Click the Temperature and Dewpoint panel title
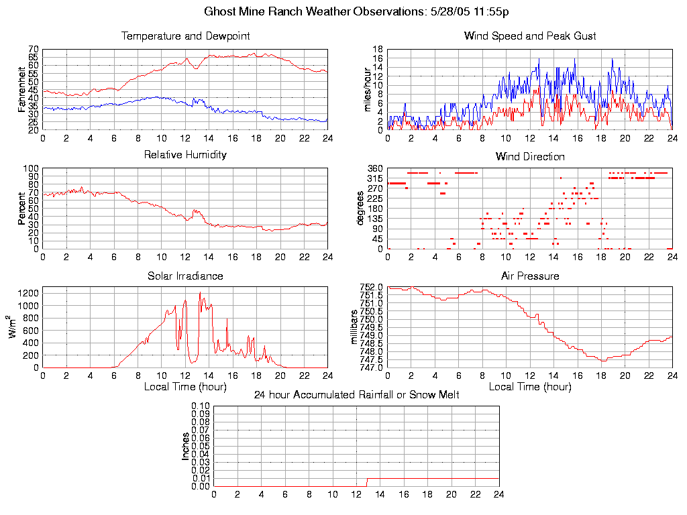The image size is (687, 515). point(185,36)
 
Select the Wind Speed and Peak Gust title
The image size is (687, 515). point(530,36)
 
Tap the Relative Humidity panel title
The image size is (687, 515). point(185,155)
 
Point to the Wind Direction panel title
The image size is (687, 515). point(530,156)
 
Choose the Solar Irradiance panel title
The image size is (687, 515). point(185,276)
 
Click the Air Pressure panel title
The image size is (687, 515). point(530,276)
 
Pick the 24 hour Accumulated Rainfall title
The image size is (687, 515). point(356,395)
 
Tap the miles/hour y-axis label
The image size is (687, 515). point(367,89)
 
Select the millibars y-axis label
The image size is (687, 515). point(355,327)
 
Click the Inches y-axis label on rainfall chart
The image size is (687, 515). point(186,446)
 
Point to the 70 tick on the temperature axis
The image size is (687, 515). point(33,50)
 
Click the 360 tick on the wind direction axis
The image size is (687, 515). point(374,168)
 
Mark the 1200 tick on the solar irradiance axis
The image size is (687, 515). point(29,293)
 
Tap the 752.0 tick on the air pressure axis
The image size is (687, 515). point(371,288)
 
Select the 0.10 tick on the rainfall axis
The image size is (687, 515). point(201,406)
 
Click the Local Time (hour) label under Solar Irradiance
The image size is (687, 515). point(185,387)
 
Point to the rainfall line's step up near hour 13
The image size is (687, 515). point(366,482)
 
